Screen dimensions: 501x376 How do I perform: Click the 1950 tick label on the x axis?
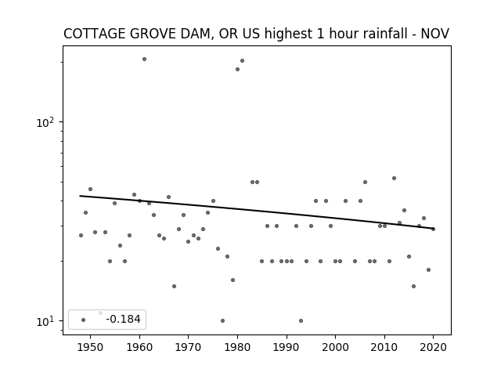(x=91, y=347)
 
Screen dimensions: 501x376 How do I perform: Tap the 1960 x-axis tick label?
(x=139, y=347)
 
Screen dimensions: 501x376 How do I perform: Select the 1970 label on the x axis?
(x=188, y=347)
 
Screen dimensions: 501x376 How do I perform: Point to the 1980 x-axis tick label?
(x=237, y=347)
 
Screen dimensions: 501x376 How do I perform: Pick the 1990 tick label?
(x=287, y=347)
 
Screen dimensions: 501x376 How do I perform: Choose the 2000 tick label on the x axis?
(x=335, y=347)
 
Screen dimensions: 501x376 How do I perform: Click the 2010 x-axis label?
(x=384, y=347)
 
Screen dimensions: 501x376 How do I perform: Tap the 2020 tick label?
(x=433, y=347)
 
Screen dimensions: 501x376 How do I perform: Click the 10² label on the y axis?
(x=45, y=122)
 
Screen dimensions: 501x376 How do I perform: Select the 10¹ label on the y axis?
(x=45, y=321)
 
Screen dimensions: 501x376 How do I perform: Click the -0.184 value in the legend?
(x=123, y=319)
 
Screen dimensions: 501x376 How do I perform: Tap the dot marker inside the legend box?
(x=84, y=320)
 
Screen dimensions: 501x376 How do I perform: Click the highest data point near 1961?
(x=144, y=60)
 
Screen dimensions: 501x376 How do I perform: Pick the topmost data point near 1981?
(x=242, y=61)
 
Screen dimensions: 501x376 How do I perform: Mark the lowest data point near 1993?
(x=301, y=320)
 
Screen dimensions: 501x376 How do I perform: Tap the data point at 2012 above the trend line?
(x=394, y=178)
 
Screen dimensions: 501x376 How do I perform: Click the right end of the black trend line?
(x=433, y=228)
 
